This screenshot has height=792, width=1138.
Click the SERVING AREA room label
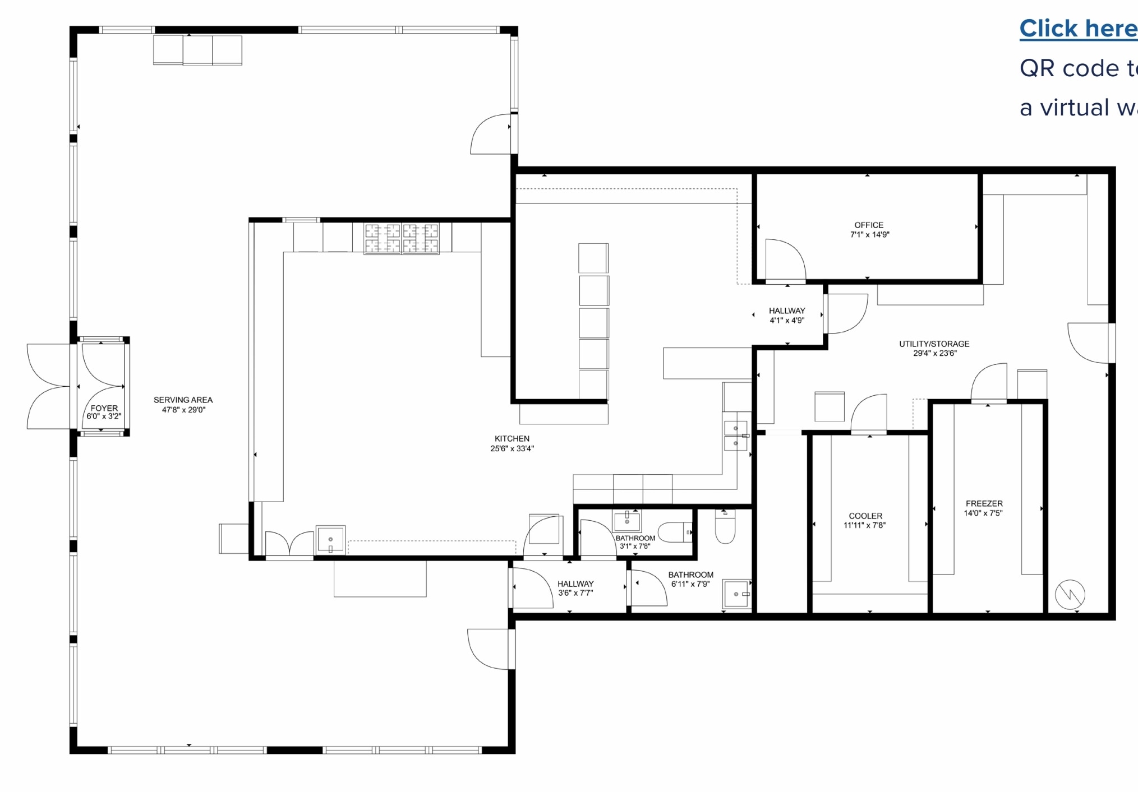tap(183, 400)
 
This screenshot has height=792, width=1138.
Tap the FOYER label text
tap(104, 408)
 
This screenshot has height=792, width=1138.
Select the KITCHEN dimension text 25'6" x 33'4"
tap(512, 448)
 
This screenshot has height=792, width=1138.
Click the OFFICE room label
tap(869, 225)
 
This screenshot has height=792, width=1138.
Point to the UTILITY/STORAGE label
tap(934, 344)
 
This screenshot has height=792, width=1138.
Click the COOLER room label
tap(865, 516)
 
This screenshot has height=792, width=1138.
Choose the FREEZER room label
tap(984, 503)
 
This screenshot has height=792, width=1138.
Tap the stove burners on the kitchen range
tap(401, 238)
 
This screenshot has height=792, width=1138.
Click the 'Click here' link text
tap(1077, 28)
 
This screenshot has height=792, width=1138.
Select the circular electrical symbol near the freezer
tap(1070, 594)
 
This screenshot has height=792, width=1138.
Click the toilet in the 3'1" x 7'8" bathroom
tap(675, 532)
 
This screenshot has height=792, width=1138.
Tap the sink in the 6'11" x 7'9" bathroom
tap(736, 594)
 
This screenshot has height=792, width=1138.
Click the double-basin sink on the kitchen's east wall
tap(735, 436)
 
